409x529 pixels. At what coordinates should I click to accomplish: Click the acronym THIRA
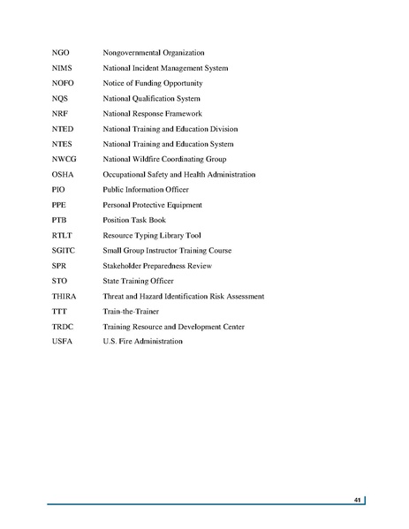[x=65, y=296]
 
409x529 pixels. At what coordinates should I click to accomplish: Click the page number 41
[x=357, y=501]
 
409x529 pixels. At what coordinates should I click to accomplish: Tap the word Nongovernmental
[x=133, y=53]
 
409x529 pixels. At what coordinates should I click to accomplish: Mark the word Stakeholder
[x=125, y=265]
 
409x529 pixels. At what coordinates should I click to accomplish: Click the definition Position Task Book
[x=134, y=220]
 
